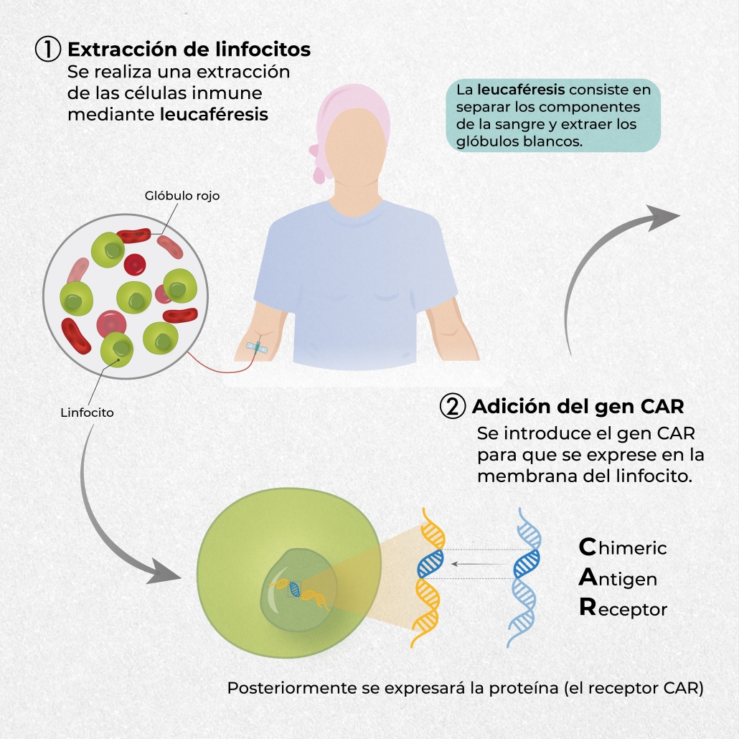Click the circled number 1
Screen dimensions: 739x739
48,50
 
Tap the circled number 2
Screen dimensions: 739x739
453,406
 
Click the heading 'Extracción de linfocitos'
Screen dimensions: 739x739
189,50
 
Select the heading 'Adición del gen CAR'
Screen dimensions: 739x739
578,407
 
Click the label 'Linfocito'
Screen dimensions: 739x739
88,413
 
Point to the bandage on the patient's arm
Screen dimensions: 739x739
258,347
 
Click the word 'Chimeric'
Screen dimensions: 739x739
623,548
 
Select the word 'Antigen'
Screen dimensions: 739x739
618,578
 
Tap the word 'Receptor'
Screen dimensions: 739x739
623,609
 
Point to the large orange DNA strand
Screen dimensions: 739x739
429,574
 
